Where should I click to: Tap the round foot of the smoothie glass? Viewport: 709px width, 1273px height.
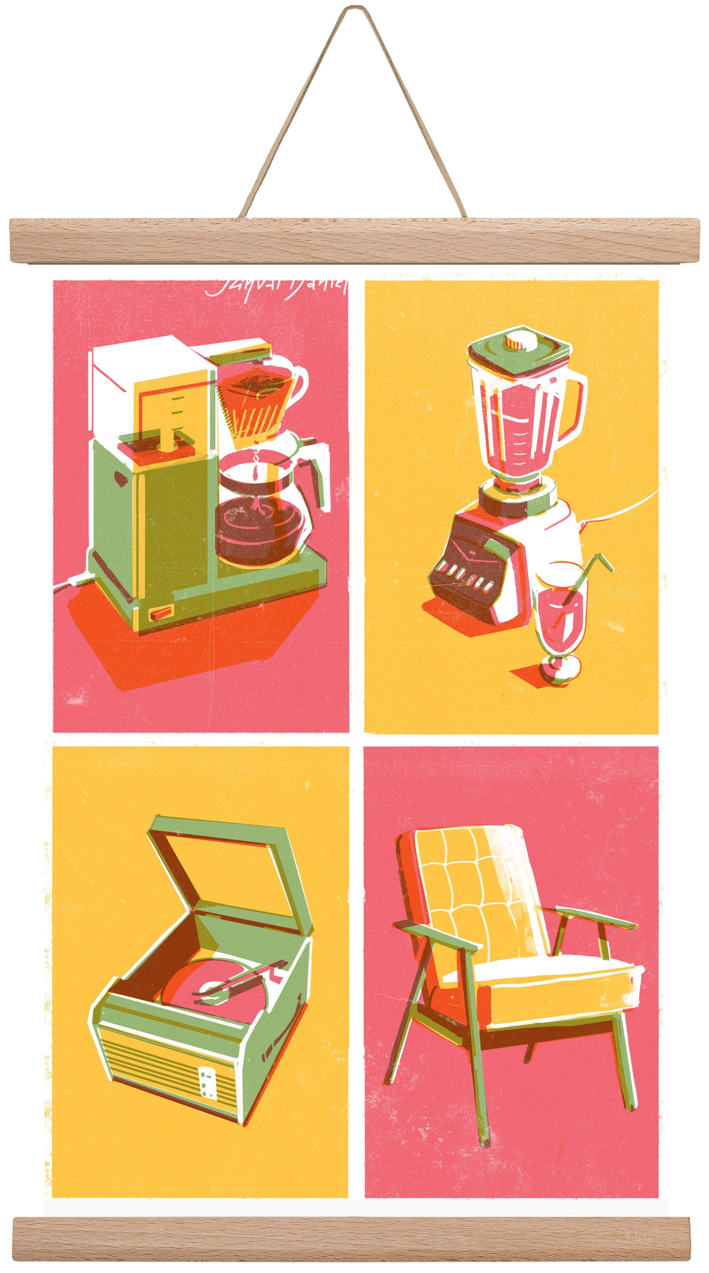(560, 670)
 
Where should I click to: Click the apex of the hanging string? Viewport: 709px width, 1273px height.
(354, 6)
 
